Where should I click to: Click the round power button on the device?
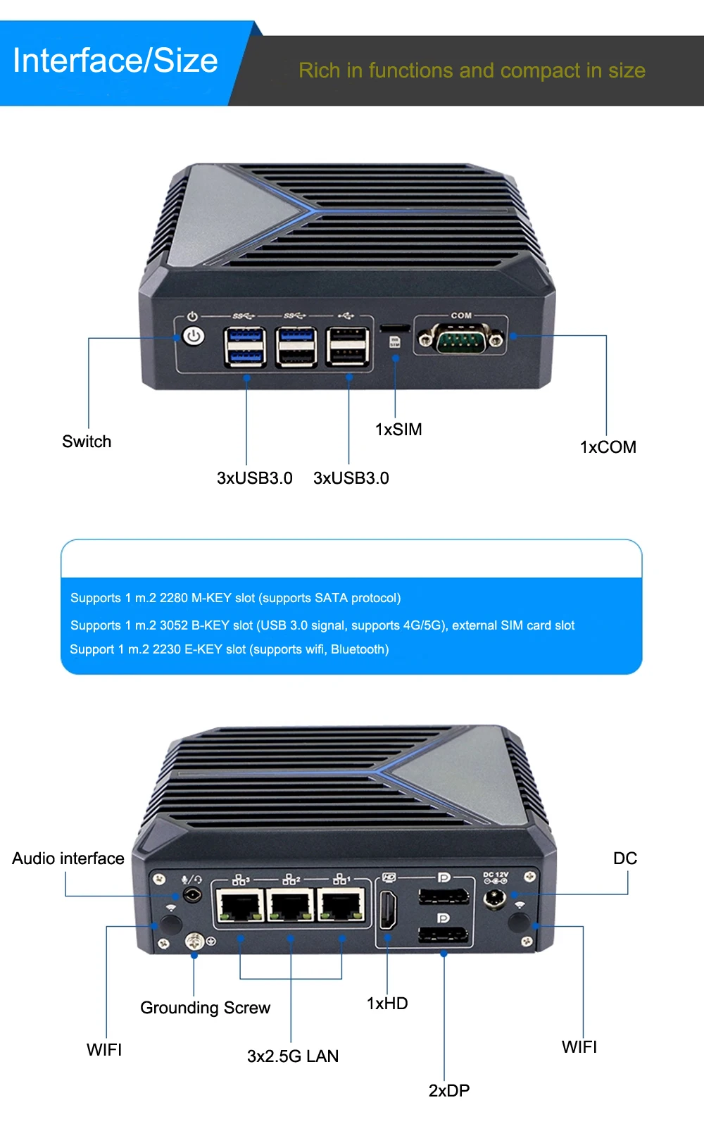click(x=194, y=336)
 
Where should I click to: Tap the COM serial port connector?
click(x=460, y=341)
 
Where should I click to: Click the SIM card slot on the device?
click(x=395, y=327)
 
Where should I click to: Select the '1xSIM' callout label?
click(x=398, y=430)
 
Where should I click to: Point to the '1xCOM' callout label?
click(x=608, y=447)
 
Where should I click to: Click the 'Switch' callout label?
click(x=87, y=442)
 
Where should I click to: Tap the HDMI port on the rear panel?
click(x=388, y=909)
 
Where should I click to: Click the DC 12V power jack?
click(x=495, y=899)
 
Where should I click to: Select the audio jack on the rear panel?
click(x=191, y=895)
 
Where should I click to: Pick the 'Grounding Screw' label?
click(x=205, y=1008)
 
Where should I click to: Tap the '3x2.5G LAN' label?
click(x=293, y=1056)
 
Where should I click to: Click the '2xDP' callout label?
click(x=449, y=1091)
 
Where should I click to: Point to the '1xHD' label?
click(x=387, y=1004)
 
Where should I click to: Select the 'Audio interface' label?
click(x=68, y=858)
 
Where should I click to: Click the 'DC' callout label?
click(x=625, y=858)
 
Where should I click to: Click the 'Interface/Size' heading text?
click(x=115, y=61)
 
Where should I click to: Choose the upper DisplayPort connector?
click(x=444, y=896)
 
